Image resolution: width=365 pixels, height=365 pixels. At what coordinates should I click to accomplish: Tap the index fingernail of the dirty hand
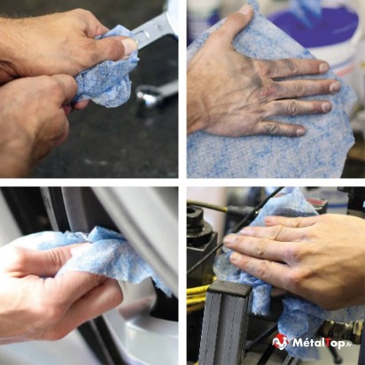pos(324,67)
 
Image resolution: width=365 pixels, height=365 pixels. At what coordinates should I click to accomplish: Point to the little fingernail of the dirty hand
pos(300,131)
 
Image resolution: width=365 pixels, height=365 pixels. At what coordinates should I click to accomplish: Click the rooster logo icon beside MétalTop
pos(280,342)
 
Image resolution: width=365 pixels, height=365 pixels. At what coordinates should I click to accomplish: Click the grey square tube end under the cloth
pos(229,287)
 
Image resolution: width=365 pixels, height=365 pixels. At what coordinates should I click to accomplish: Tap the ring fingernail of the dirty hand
pos(327,106)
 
